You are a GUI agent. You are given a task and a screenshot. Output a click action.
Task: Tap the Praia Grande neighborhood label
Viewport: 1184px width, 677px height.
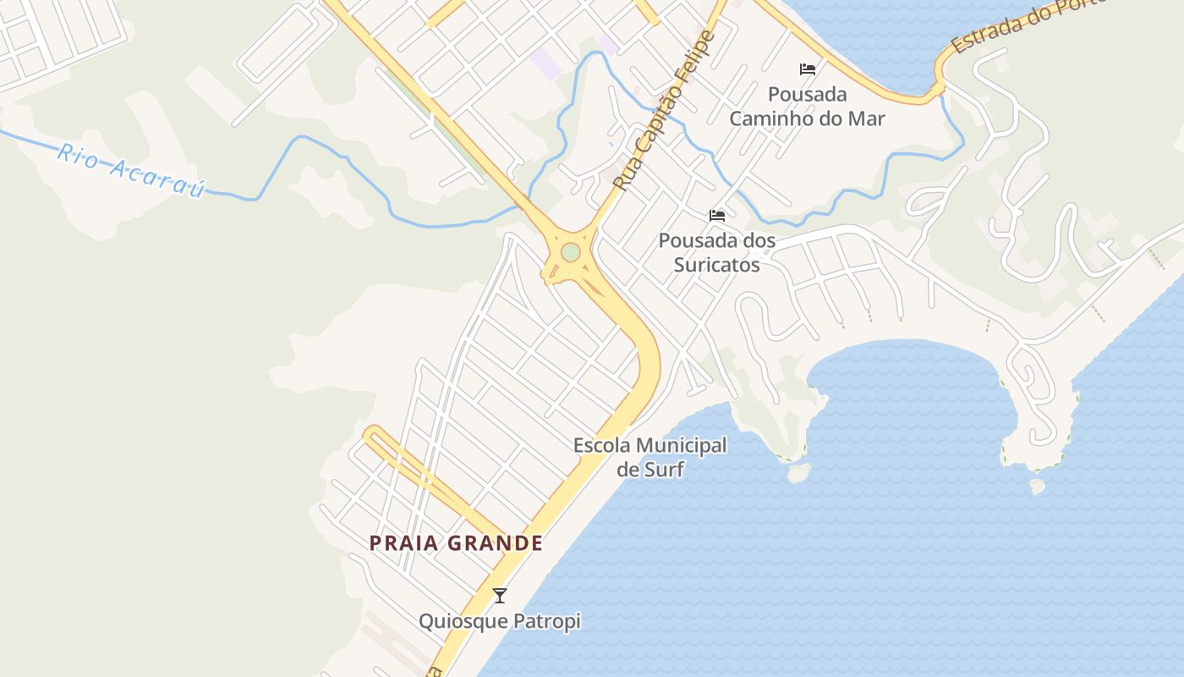(456, 543)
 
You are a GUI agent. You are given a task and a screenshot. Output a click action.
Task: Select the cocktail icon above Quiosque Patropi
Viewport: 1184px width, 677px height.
(500, 596)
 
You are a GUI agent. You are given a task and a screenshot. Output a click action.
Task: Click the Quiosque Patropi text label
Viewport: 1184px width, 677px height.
(500, 622)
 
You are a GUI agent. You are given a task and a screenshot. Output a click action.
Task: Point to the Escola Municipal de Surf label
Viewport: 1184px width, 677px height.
(650, 457)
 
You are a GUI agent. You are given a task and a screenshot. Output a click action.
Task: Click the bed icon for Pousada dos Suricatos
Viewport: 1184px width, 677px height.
(717, 216)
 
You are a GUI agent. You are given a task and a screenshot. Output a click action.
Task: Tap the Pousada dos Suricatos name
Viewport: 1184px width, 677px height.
(717, 252)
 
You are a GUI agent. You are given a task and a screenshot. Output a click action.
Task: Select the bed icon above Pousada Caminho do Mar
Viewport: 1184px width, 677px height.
(808, 69)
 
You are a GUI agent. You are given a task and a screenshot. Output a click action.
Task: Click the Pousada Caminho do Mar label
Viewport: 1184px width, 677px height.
(807, 106)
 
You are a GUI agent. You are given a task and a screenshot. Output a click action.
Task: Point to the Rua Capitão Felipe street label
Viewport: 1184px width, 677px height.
(664, 110)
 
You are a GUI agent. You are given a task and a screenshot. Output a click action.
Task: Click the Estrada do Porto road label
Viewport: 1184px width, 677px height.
(1028, 25)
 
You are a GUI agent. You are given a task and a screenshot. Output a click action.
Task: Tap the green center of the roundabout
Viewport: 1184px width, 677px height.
(571, 252)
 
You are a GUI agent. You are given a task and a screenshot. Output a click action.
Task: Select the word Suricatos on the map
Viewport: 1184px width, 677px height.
(717, 265)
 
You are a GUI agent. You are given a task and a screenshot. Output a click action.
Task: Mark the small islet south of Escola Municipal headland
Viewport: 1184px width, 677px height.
(798, 473)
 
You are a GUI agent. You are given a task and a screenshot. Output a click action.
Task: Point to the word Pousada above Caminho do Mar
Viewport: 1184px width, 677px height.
(807, 94)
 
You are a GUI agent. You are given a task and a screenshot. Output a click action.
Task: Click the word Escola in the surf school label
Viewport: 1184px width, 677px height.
(601, 445)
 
